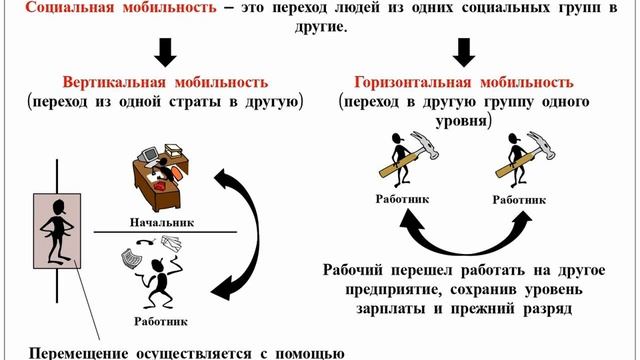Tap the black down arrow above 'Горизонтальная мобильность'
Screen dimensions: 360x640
click(463, 51)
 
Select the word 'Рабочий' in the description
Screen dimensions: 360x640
click(359, 269)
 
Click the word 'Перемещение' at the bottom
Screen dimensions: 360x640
click(79, 352)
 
